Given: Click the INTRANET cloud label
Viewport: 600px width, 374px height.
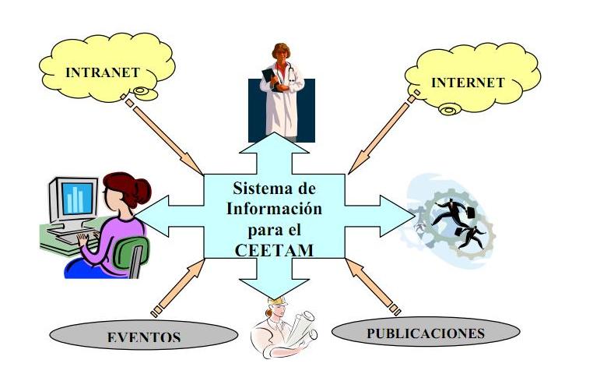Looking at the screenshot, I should (x=103, y=72).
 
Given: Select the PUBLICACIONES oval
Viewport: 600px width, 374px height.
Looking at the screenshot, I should (x=425, y=333).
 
